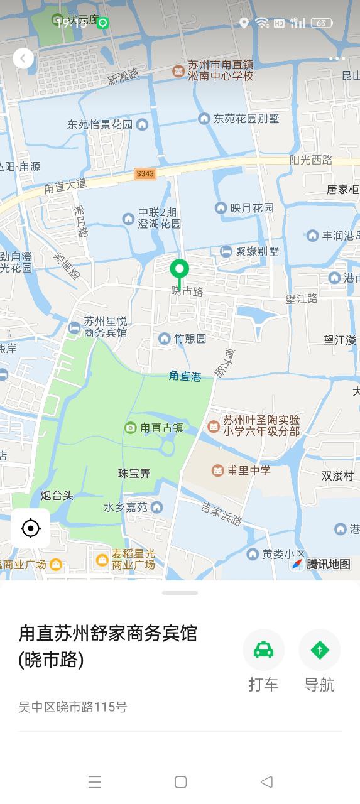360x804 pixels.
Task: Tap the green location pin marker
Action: [179, 271]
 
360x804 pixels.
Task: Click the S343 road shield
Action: [145, 174]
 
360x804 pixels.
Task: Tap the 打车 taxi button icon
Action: [263, 650]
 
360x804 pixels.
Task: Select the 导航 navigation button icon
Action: [319, 650]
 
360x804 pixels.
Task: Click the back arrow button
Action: [23, 58]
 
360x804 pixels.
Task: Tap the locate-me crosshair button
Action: [30, 528]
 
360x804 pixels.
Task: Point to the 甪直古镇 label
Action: [161, 428]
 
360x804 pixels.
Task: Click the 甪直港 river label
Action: [185, 376]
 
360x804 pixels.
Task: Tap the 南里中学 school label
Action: [249, 470]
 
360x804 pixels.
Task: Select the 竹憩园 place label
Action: [190, 339]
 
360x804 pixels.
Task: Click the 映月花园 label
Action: [251, 207]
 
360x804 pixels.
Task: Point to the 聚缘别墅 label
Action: [256, 251]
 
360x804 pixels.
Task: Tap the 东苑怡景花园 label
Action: [100, 124]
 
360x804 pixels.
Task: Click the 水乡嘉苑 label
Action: [126, 507]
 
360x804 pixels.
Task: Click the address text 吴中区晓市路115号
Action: [73, 707]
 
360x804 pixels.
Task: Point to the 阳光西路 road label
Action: [311, 160]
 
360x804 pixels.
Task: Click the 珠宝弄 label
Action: [134, 474]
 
